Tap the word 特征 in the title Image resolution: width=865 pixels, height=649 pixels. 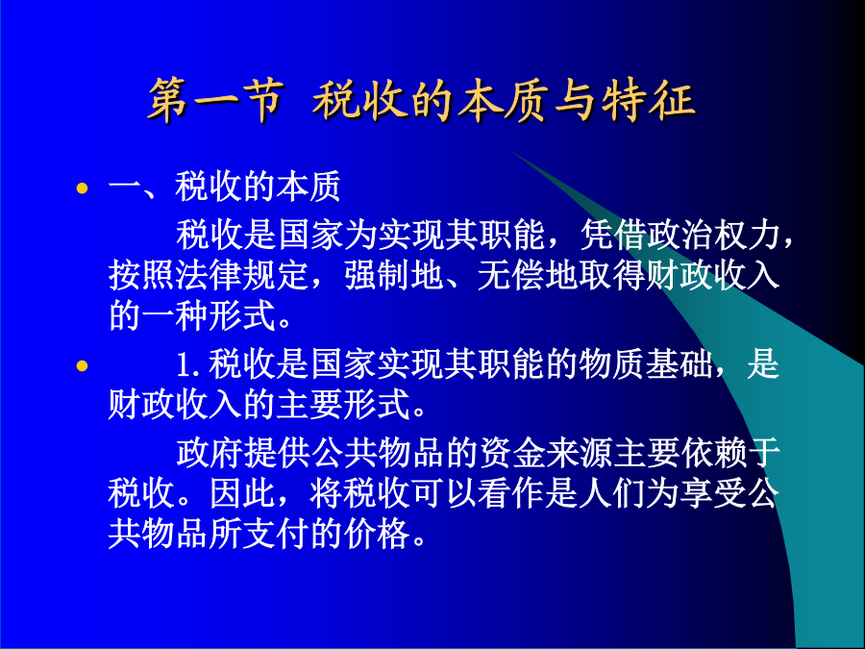point(648,99)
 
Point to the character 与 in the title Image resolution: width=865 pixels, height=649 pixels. point(576,99)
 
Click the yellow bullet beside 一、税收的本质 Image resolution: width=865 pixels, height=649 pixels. point(83,188)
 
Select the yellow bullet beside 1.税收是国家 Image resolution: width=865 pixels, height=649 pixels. point(83,365)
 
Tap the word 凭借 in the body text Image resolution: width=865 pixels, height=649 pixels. point(613,235)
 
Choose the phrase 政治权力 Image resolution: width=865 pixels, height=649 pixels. point(714,235)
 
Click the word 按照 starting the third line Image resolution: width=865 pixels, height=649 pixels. point(142,275)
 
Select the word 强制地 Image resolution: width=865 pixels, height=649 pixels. point(394,275)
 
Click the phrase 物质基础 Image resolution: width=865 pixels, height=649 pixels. point(647,364)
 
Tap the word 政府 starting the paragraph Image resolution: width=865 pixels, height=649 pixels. point(210,453)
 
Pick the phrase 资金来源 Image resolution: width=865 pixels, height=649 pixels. point(547,453)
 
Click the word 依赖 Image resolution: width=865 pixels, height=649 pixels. point(714,453)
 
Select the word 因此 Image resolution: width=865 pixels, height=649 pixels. point(243,493)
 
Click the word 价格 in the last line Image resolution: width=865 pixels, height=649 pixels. point(378,533)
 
